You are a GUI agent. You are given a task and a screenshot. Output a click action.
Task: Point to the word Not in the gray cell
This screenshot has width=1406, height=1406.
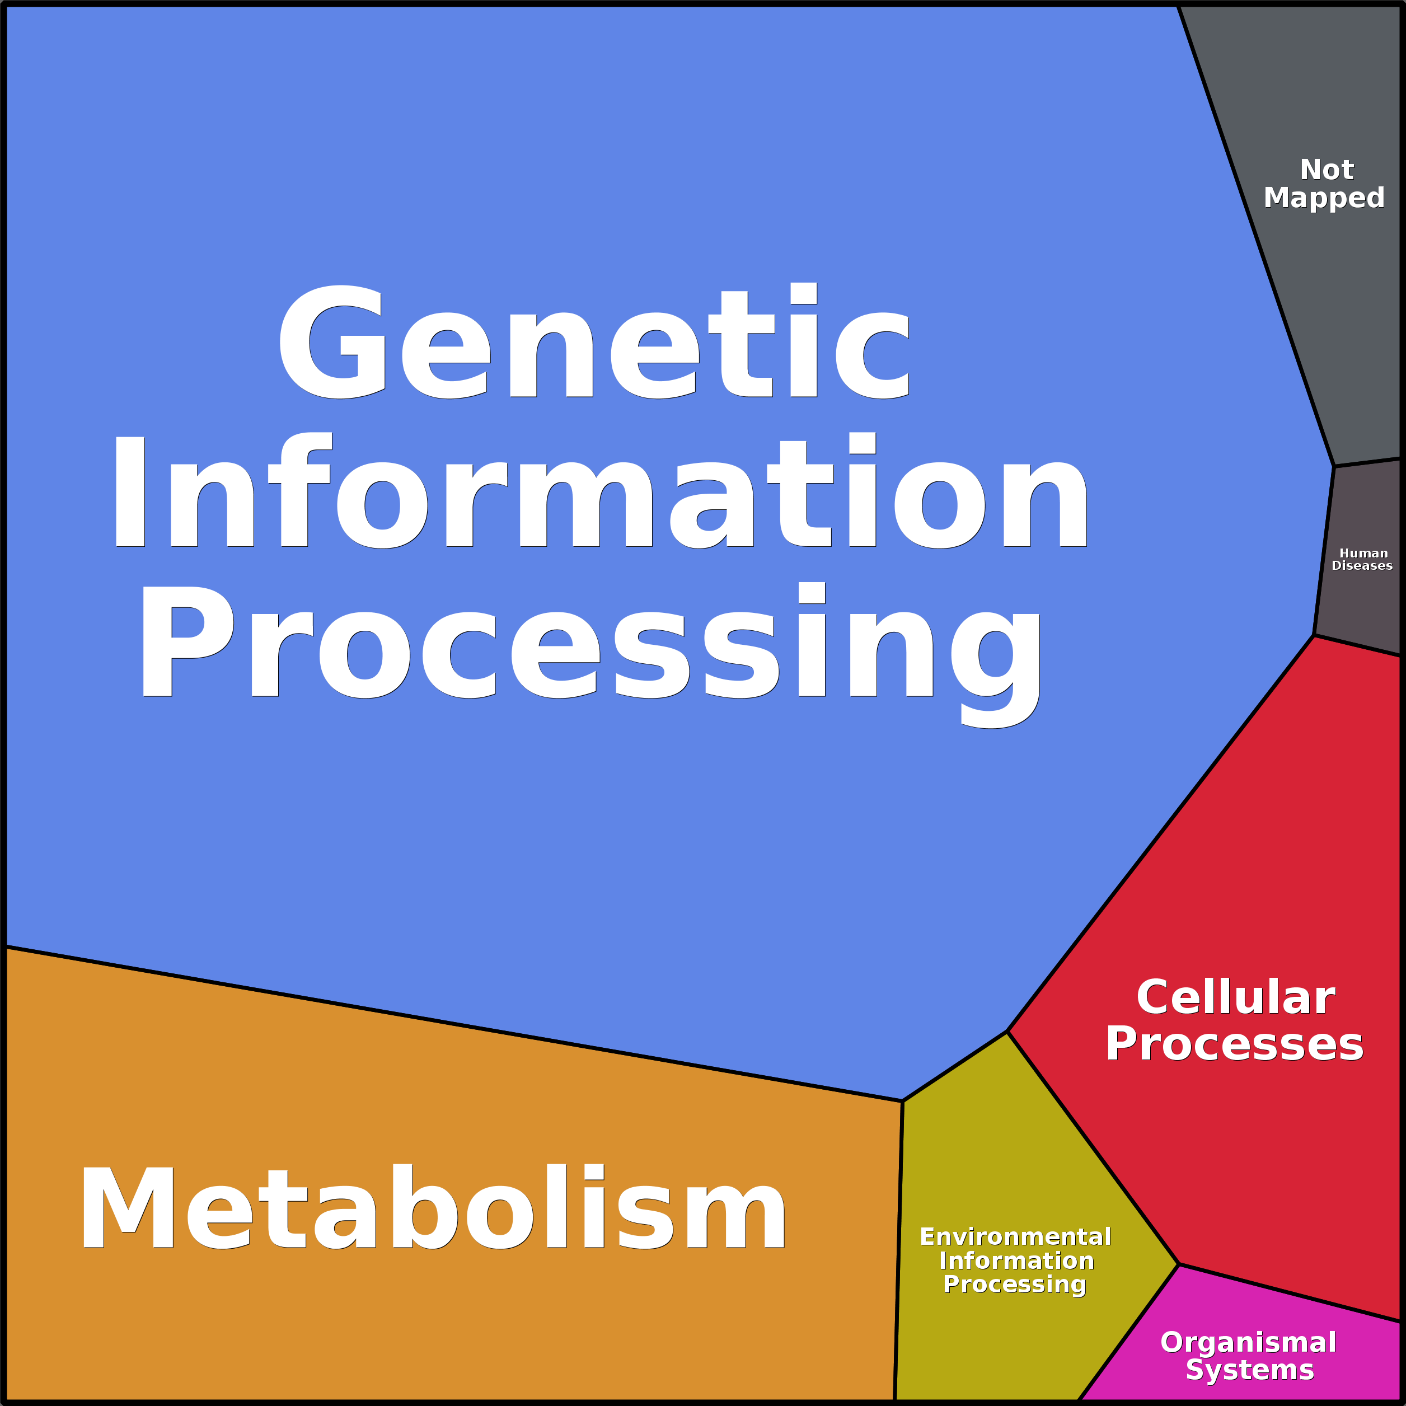[x=1326, y=170]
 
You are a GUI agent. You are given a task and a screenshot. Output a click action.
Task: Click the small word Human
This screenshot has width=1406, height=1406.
[x=1363, y=554]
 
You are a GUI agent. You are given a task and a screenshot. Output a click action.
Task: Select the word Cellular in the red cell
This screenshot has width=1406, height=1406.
[x=1236, y=997]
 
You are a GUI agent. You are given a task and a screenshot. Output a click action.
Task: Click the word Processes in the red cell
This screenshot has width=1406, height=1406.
[x=1234, y=1043]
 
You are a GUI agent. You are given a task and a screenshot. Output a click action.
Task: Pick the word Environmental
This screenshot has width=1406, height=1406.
[x=1015, y=1236]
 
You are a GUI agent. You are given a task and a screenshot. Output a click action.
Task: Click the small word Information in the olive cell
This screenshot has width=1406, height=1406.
[x=1016, y=1260]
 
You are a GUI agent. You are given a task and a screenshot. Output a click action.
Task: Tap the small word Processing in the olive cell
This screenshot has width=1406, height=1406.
[x=1014, y=1285]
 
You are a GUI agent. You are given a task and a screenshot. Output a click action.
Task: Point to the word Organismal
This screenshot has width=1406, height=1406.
[x=1248, y=1343]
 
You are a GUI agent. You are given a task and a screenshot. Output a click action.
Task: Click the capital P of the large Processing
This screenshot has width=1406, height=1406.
[x=186, y=640]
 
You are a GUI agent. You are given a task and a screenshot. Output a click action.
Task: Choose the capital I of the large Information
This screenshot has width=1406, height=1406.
[x=129, y=492]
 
